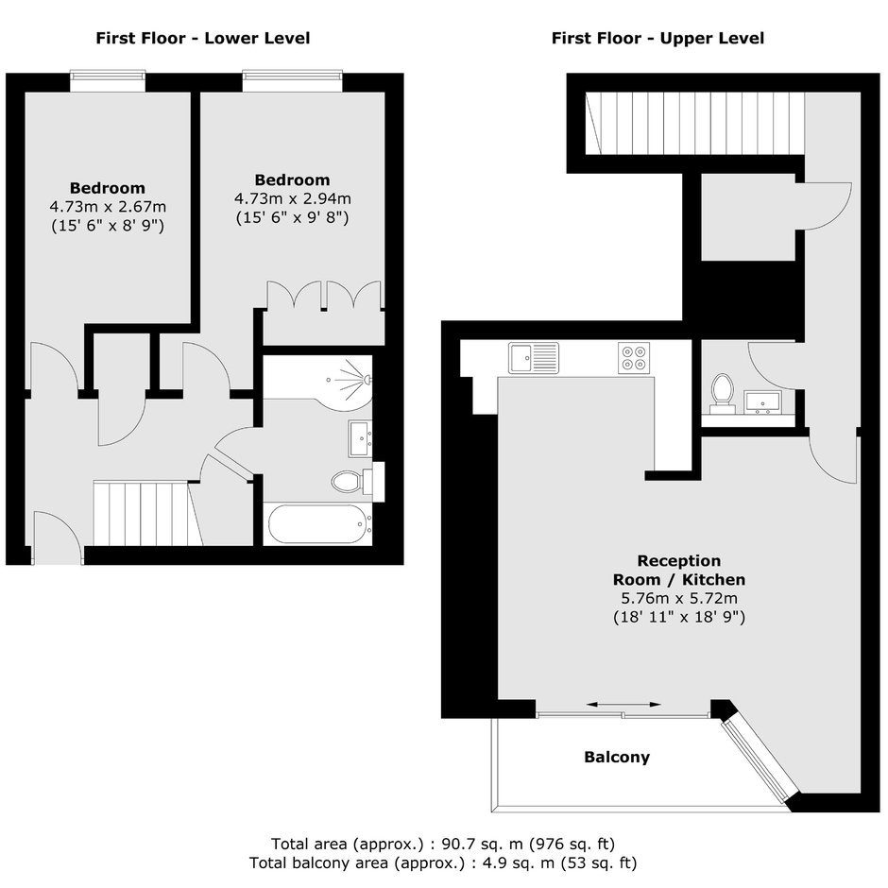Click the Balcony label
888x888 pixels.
coord(617,758)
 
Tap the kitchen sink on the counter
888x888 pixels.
coord(534,358)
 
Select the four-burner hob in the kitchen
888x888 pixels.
coord(634,358)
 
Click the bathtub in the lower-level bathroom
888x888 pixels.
coord(320,524)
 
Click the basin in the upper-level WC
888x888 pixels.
coord(762,402)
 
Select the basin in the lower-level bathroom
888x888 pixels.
coord(360,439)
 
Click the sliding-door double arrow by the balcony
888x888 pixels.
coord(623,705)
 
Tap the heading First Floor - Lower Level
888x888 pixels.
coord(203,39)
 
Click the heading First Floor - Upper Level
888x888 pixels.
coord(657,39)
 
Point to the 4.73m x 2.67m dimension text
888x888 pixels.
coord(108,207)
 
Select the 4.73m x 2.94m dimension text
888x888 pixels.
coord(292,198)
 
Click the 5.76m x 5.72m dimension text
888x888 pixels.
coord(679,598)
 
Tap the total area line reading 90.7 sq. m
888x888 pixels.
coord(443,845)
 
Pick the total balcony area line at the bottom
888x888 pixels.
coord(443,863)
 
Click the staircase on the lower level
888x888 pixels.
coord(147,513)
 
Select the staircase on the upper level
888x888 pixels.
coord(695,124)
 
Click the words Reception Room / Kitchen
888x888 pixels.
coord(679,571)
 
